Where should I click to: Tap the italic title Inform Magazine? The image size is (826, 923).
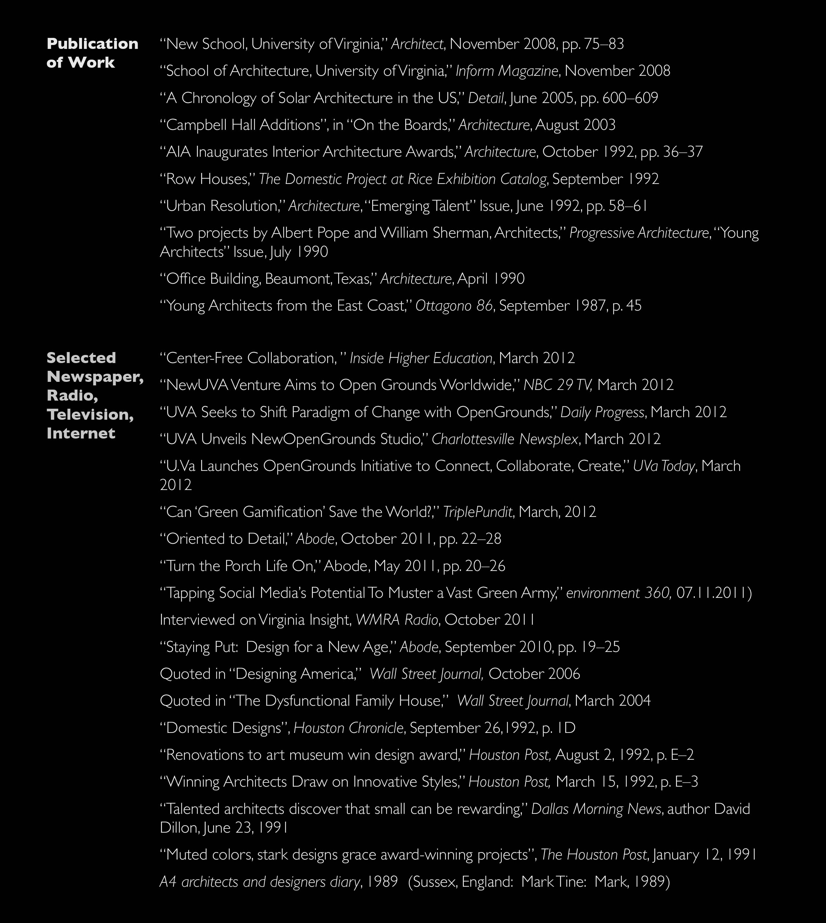tap(507, 71)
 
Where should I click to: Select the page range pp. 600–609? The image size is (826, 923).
tap(619, 98)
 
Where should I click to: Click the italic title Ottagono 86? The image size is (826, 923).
tap(454, 306)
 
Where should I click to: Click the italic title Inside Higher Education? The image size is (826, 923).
tap(421, 358)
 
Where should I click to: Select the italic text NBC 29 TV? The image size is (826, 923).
tap(557, 385)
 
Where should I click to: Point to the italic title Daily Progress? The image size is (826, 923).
tap(602, 412)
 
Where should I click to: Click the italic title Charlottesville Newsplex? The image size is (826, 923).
tap(505, 439)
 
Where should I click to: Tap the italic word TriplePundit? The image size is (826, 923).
tap(477, 512)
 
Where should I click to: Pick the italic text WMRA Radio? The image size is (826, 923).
tap(397, 620)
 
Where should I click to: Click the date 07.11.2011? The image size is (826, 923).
tap(711, 593)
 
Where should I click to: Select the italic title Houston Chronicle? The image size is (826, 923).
tap(348, 728)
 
